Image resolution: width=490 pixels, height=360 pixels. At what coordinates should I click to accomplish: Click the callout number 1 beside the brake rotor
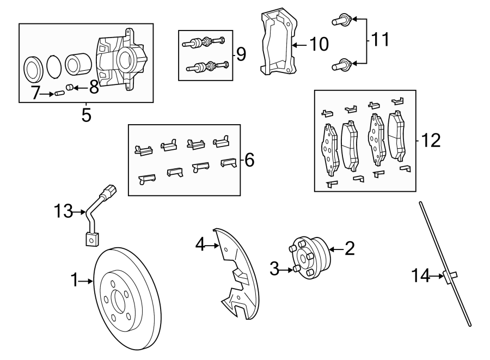(x=75, y=281)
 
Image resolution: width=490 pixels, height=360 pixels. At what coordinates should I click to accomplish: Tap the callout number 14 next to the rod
(x=420, y=276)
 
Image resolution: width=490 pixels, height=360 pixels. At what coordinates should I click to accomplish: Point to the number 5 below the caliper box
(x=86, y=115)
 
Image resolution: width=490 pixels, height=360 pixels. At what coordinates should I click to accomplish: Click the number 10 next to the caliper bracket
(x=319, y=44)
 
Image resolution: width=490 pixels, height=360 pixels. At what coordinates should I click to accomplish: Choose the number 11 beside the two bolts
(x=380, y=39)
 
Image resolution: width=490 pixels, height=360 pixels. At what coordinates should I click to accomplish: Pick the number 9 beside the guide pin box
(x=240, y=54)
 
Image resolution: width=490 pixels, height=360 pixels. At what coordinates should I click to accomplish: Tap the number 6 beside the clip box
(x=249, y=160)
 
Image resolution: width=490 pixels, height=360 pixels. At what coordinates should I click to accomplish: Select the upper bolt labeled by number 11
(x=339, y=21)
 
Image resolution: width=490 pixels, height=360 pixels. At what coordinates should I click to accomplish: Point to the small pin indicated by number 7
(x=60, y=94)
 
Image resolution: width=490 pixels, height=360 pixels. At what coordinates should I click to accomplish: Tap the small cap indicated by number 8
(x=69, y=87)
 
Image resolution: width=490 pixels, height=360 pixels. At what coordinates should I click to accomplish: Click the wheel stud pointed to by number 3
(x=296, y=269)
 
